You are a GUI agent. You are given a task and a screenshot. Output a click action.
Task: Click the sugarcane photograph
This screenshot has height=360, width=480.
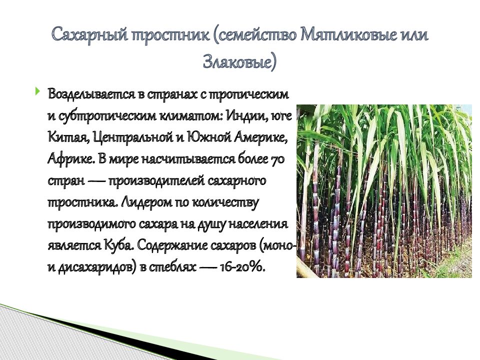pos(383,191)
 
